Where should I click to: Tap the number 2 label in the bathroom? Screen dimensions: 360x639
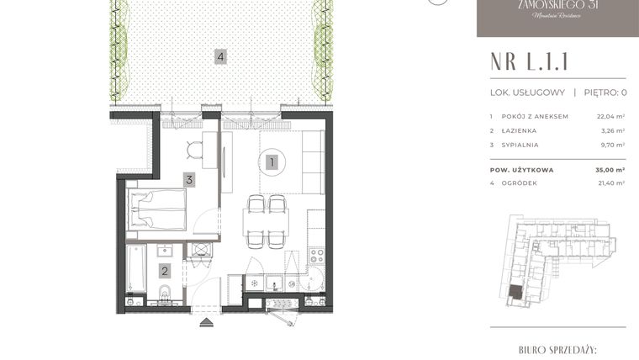[166, 271]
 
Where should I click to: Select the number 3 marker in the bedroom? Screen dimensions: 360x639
[190, 179]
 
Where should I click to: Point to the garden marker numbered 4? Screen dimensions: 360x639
[220, 57]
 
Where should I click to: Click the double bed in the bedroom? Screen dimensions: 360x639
[156, 209]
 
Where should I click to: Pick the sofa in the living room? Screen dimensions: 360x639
[314, 162]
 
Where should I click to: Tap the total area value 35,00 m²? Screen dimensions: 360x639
[610, 169]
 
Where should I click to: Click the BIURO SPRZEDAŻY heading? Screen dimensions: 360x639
[552, 347]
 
